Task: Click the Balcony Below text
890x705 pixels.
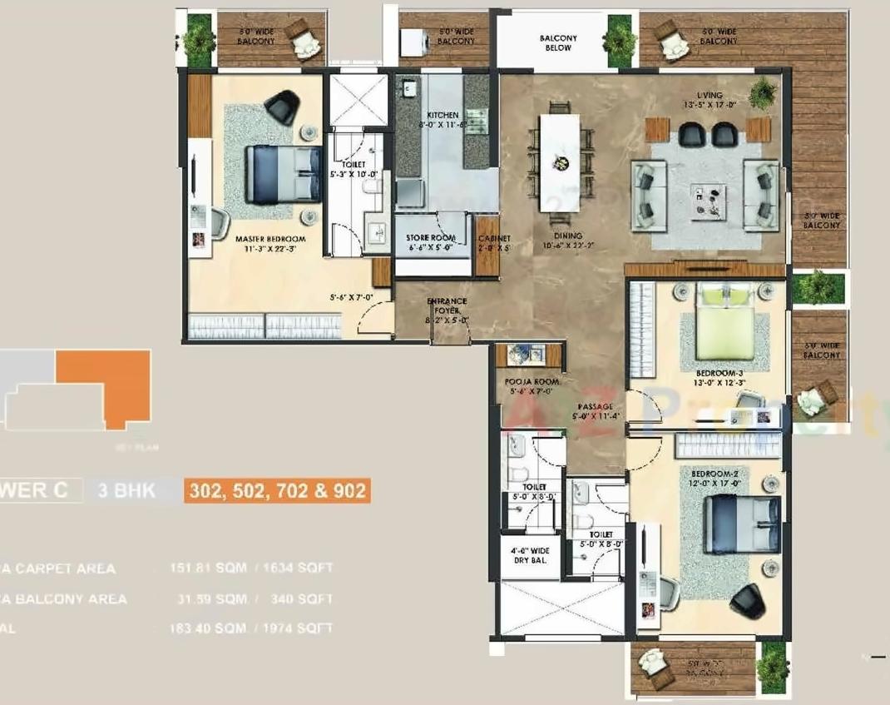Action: [558, 43]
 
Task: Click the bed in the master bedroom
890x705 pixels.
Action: [283, 173]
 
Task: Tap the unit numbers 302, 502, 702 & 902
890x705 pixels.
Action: [277, 490]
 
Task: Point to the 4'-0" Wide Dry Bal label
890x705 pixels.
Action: [530, 556]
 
